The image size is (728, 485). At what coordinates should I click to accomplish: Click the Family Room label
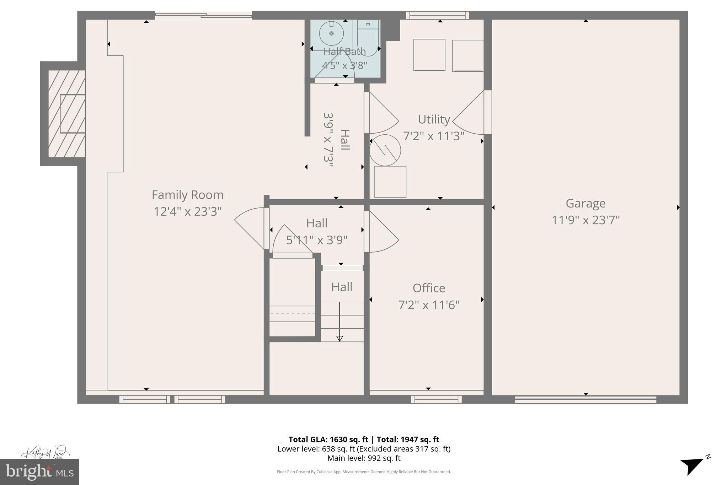click(187, 195)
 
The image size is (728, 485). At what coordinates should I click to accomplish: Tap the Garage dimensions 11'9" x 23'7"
click(585, 220)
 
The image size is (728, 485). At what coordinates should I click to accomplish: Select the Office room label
click(429, 288)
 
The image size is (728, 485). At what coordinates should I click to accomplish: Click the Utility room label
click(434, 119)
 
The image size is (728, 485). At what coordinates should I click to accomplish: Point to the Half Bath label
click(344, 52)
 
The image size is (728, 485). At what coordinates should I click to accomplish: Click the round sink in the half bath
click(331, 33)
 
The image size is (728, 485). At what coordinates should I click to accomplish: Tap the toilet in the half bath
click(368, 37)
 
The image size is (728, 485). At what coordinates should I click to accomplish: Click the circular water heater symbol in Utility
click(385, 150)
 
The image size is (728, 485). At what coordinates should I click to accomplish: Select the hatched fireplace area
click(67, 114)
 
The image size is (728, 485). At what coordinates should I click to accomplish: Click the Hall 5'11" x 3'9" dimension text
click(316, 240)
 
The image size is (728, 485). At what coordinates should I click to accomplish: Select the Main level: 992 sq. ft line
click(364, 458)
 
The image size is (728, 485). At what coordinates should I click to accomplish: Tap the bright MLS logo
click(39, 472)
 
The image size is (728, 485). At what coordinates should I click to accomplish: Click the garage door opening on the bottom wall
click(585, 399)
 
